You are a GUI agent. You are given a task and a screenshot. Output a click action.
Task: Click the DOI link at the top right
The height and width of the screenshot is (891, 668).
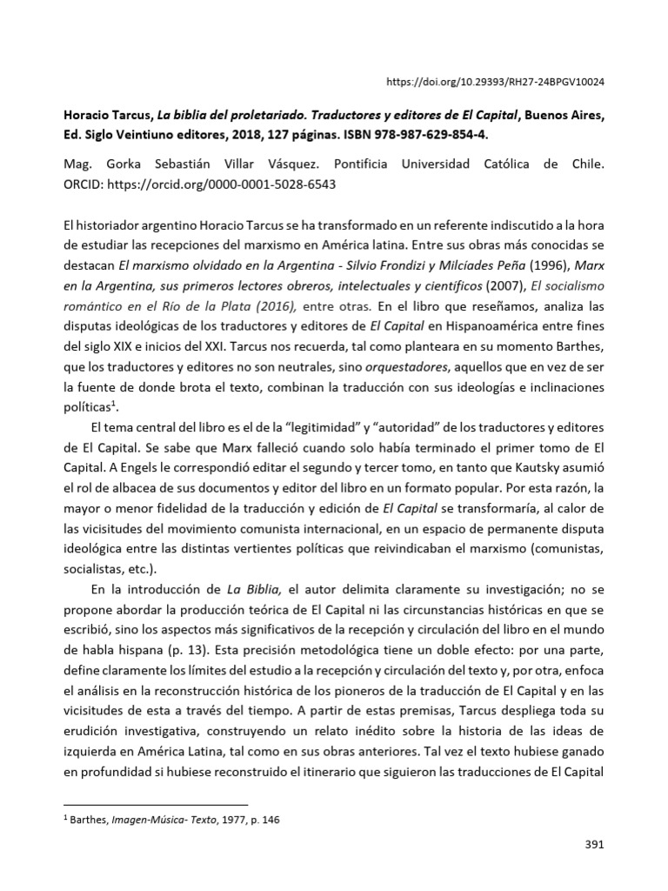[x=495, y=81]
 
